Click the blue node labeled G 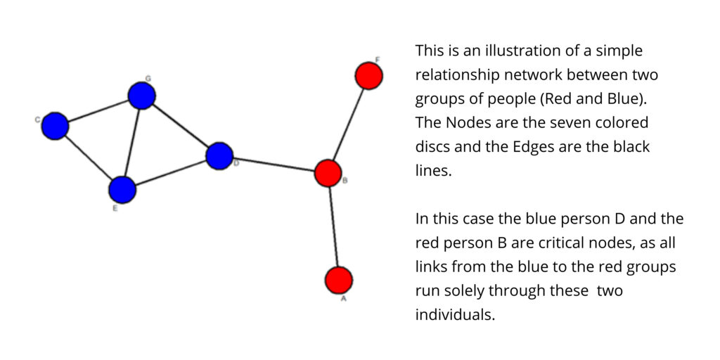141,96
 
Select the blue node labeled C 55,126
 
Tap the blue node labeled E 122,190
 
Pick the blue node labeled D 219,156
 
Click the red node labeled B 328,173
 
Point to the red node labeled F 368,76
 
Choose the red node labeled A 339,280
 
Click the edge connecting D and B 274,165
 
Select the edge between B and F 349,124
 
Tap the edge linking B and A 333,227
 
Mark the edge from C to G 98,111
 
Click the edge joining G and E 132,143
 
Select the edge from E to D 171,173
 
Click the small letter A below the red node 342,299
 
